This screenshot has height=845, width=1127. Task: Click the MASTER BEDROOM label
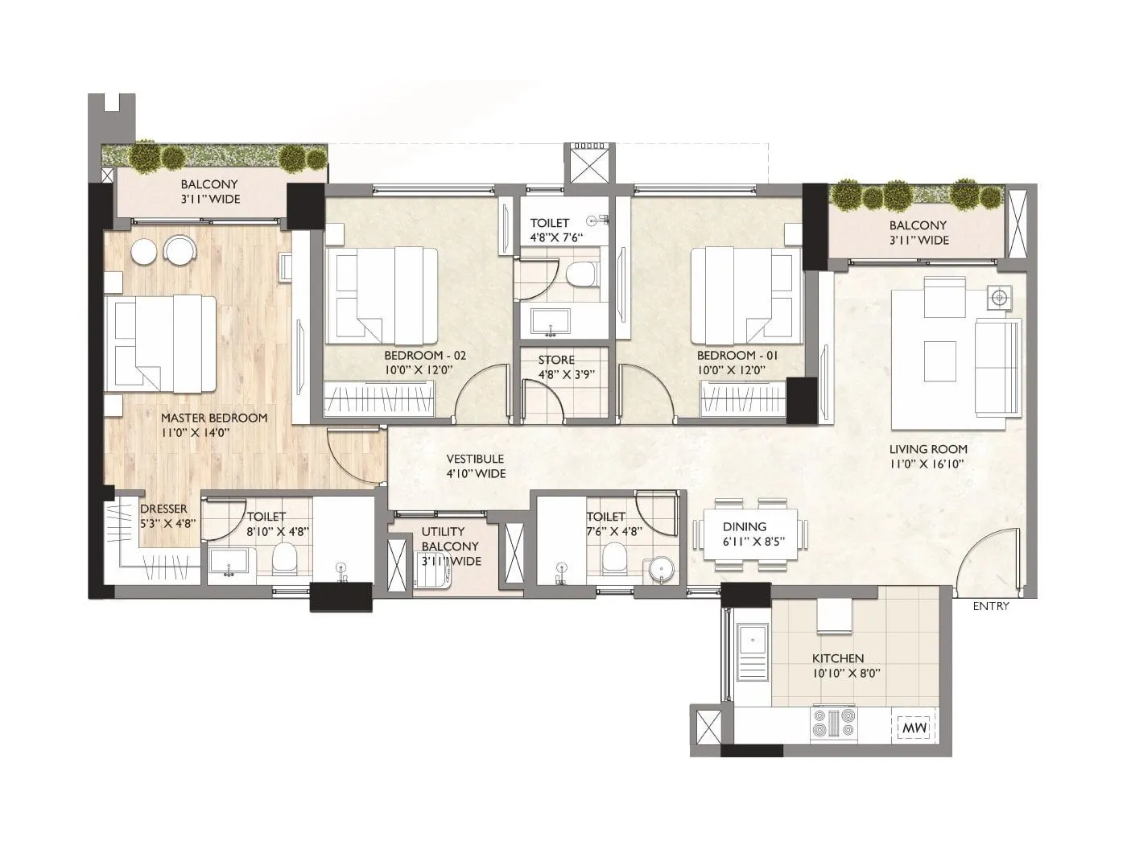point(213,418)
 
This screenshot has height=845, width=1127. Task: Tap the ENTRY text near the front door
point(990,606)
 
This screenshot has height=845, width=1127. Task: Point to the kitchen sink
point(752,652)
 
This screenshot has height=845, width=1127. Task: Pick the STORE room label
point(556,360)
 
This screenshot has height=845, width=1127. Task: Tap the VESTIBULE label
point(476,459)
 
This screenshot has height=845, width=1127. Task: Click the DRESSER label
point(163,509)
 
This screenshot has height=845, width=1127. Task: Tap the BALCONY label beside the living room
point(918,225)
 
